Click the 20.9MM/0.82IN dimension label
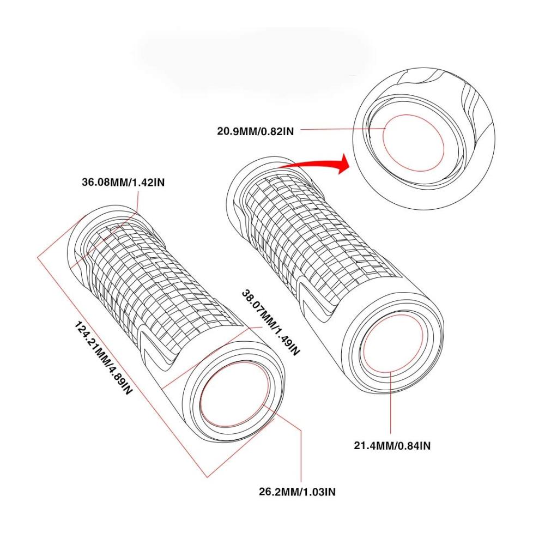256,131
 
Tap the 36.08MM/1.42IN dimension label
123,182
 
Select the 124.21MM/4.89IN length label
103,358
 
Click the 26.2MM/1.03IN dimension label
297,492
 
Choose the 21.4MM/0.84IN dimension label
392,445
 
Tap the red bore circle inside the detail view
413,143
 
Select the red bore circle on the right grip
393,343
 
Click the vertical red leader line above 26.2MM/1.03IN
301,456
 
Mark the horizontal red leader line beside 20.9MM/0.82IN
343,129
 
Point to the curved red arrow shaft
310,163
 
